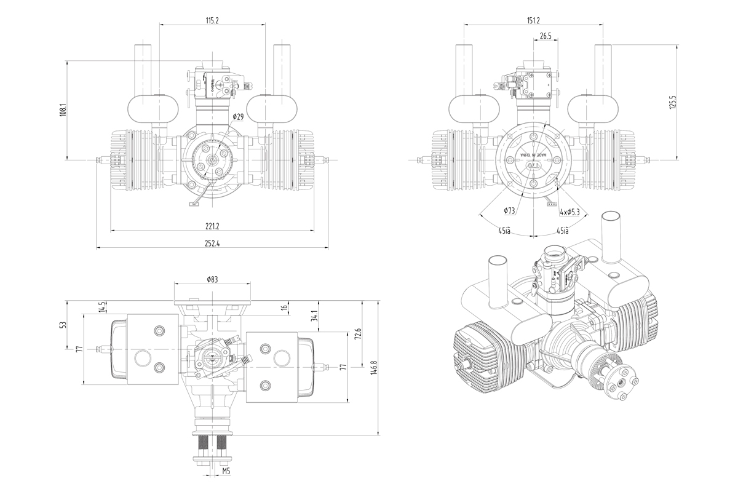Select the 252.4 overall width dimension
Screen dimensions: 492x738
212,244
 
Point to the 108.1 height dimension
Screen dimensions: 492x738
63,110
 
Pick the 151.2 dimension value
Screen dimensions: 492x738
534,20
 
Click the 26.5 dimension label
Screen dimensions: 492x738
545,36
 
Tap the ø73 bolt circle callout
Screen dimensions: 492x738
509,211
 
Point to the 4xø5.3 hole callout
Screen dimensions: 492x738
573,212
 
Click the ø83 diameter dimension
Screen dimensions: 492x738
212,279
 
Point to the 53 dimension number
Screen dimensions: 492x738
63,324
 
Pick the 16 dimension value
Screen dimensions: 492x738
285,307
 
